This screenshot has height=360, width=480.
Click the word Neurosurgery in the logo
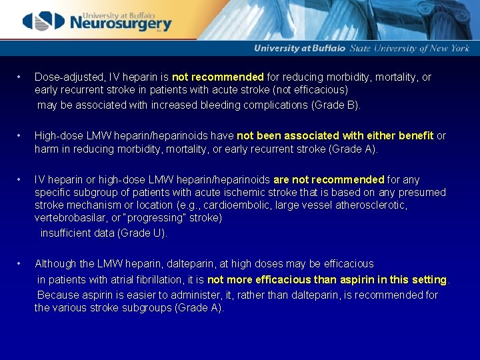tap(121, 24)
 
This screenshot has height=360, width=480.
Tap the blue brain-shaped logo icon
tap(44, 21)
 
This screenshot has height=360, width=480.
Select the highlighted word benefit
tap(416, 136)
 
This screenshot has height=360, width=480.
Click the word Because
tap(58, 295)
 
